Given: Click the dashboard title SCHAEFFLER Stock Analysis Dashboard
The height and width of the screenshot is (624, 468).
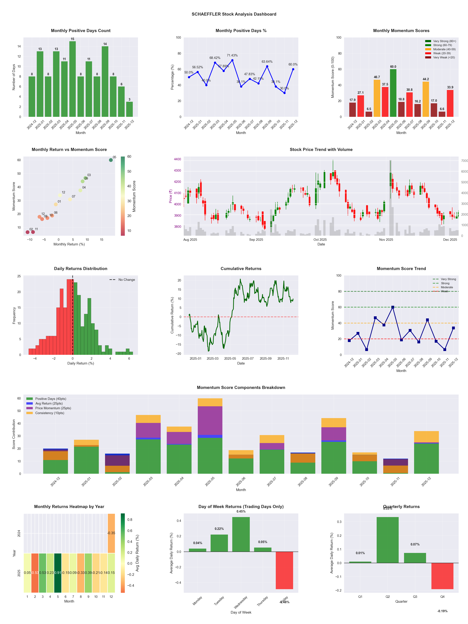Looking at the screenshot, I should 234,14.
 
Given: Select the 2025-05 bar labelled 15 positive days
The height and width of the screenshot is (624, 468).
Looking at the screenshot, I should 72,79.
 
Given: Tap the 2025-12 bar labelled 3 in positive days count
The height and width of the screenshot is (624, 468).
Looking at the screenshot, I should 129,109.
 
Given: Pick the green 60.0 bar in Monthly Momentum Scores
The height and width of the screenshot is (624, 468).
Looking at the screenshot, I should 393,93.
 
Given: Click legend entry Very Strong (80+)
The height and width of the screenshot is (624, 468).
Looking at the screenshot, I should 444,41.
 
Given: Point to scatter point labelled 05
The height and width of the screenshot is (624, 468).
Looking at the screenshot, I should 111,160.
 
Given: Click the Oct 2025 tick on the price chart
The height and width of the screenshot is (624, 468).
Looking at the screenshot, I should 320,240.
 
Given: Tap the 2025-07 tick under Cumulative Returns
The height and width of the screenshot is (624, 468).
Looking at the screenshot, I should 248,359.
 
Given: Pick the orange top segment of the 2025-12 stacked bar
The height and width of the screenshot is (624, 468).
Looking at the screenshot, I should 426,436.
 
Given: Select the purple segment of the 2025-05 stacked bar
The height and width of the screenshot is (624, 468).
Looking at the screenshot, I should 210,420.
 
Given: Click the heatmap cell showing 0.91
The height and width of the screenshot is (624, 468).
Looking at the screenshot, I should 58,573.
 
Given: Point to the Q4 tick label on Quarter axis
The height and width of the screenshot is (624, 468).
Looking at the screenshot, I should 442,597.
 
